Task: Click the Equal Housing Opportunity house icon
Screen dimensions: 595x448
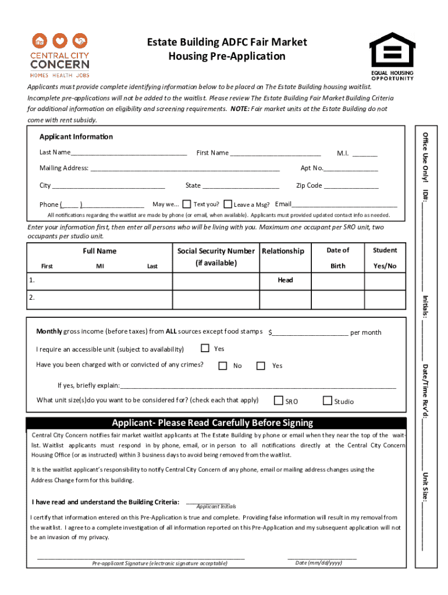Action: click(392, 49)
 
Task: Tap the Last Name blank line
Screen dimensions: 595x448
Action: click(129, 153)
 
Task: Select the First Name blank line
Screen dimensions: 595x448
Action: click(275, 153)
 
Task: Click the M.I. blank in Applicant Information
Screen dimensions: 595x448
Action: click(365, 153)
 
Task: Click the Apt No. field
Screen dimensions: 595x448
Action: click(351, 169)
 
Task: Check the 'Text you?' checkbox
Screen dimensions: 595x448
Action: click(187, 204)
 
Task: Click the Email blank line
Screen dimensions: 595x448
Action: click(344, 205)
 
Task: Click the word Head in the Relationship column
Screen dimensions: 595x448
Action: click(285, 280)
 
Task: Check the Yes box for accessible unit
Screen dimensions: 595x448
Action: click(205, 349)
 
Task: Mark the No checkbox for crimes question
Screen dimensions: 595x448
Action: click(223, 365)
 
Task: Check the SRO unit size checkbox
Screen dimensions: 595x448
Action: click(279, 401)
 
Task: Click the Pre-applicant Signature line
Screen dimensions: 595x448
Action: click(141, 558)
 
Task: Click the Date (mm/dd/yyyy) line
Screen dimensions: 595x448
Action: click(322, 558)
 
